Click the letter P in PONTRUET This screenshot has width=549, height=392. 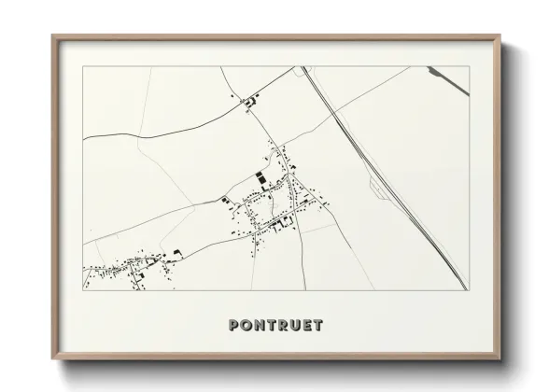(234, 326)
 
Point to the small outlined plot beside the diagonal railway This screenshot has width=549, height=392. (377, 191)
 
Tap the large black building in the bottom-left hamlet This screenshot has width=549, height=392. (174, 252)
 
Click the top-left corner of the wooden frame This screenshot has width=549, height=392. (52, 36)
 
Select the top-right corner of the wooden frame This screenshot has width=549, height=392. (501, 36)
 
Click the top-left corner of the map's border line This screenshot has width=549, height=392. (84, 67)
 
